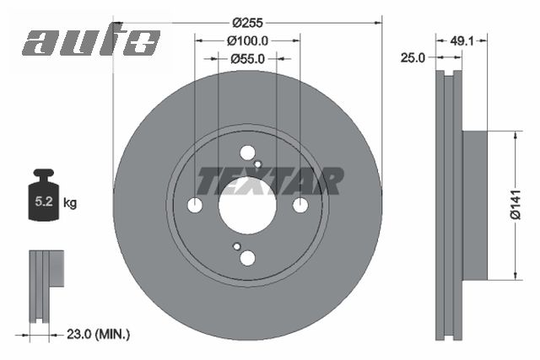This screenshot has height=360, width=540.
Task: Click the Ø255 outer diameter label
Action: point(247,23)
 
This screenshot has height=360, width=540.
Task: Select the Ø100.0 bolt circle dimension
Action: point(247,41)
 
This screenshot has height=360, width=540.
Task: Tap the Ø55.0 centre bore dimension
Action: point(247,59)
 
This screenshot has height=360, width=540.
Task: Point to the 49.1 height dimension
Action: point(462,41)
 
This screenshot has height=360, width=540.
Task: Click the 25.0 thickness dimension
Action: point(413,57)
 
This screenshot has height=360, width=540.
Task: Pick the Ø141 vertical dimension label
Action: point(516,204)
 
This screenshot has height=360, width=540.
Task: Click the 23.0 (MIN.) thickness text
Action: point(98,334)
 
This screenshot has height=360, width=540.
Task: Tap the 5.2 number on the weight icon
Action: point(44,201)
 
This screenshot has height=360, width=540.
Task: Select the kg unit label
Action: point(70,203)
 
